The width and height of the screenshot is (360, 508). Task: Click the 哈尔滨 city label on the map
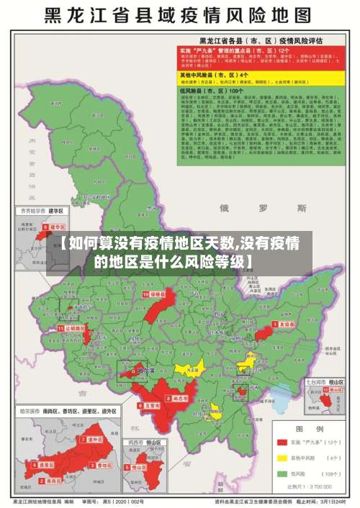(146, 371)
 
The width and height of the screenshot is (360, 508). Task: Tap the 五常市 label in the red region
(152, 406)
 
